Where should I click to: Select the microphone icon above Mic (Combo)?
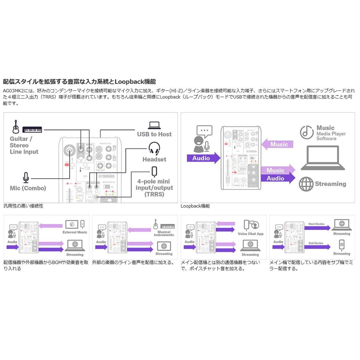[x=26, y=177]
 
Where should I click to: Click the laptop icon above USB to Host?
[x=154, y=125]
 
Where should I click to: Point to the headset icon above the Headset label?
[x=154, y=148]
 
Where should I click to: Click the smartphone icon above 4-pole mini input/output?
[x=154, y=172]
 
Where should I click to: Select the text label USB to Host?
[x=154, y=134]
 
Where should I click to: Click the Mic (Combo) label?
[x=28, y=188]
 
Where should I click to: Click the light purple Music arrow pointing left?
[x=278, y=144]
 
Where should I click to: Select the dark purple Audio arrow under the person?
[x=203, y=158]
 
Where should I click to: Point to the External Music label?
[x=75, y=232]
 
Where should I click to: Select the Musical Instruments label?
[x=164, y=234]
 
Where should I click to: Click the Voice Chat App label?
[x=251, y=234]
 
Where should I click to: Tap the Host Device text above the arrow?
[x=316, y=224]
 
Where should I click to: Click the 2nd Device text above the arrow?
[x=316, y=243]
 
